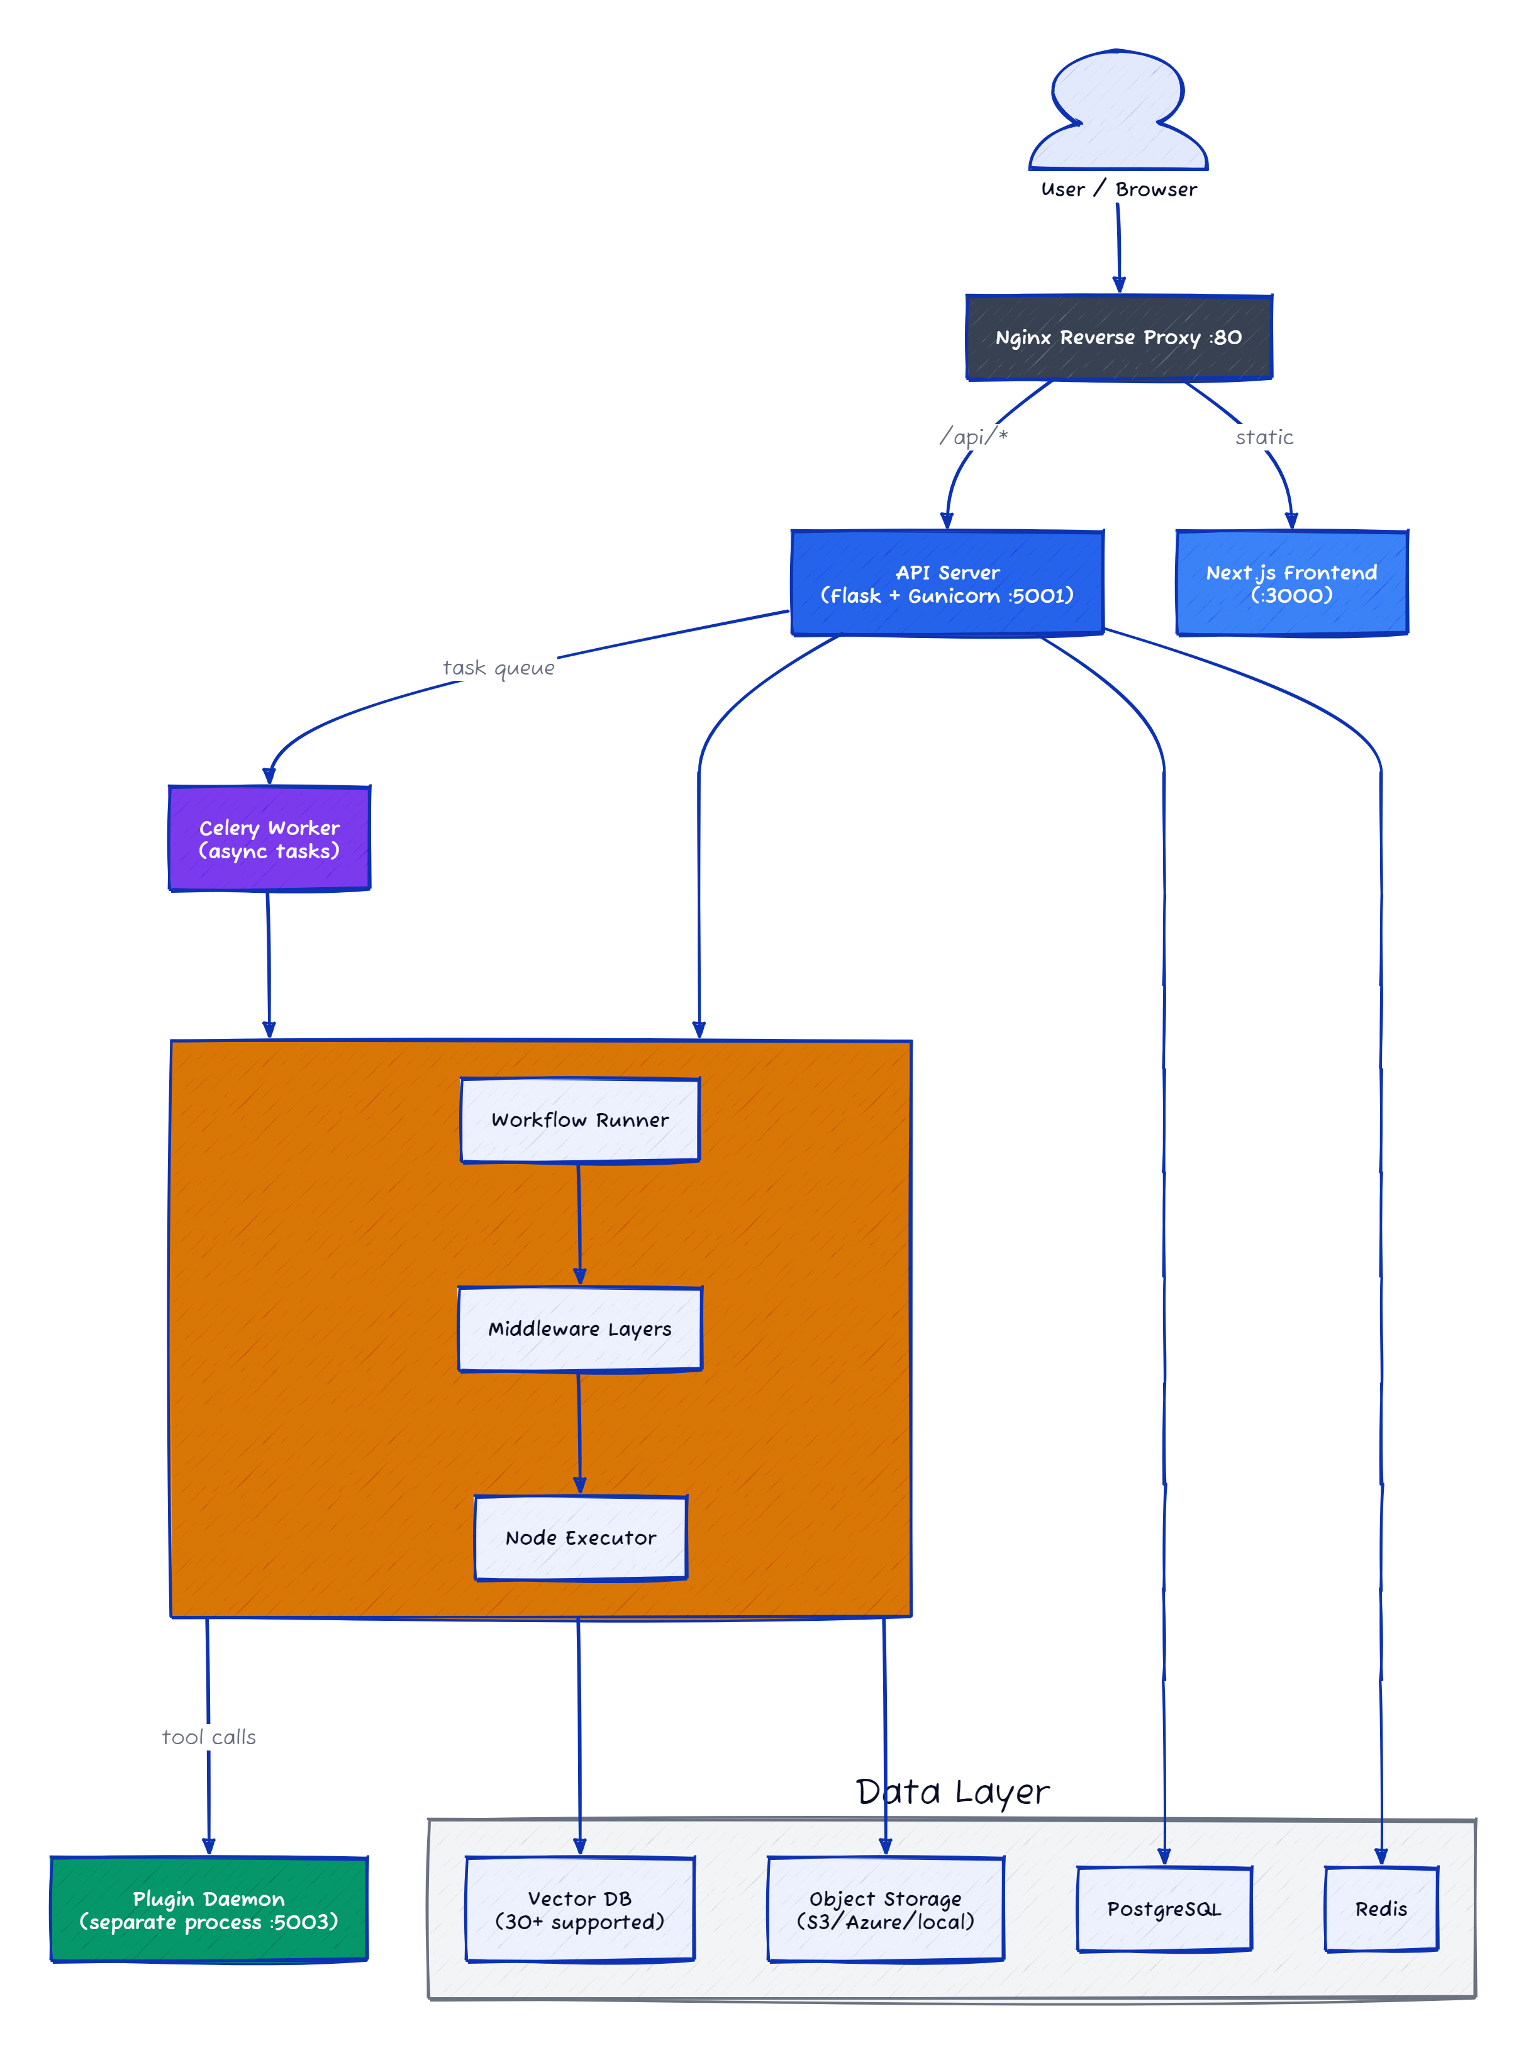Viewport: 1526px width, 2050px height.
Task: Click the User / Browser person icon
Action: point(1118,111)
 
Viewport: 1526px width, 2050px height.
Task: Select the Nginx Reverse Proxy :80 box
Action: point(1118,337)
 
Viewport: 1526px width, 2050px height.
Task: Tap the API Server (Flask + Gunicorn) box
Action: point(947,583)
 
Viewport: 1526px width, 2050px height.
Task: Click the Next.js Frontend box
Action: point(1291,583)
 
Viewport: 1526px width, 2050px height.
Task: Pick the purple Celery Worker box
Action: point(269,838)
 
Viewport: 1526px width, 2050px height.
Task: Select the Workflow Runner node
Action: point(580,1119)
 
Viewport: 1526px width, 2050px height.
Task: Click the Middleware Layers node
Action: point(580,1328)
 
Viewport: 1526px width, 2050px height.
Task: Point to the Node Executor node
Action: point(580,1537)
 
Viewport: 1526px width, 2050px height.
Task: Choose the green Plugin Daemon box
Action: point(209,1910)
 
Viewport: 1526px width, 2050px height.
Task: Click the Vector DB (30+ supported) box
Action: point(580,1910)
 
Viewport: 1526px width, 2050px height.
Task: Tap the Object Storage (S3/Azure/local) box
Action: point(885,1910)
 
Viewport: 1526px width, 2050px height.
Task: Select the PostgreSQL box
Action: point(1164,1908)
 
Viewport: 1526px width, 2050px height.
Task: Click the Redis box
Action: point(1381,1908)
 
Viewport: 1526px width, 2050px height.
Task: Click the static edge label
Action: point(1264,437)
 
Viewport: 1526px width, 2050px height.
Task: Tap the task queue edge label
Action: point(499,667)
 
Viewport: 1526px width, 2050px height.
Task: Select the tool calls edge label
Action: point(209,1737)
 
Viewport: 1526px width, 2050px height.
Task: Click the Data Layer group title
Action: point(952,1792)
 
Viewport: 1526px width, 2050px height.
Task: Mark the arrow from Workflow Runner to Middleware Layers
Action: point(579,1224)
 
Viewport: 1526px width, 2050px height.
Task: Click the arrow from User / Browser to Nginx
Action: point(1118,247)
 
